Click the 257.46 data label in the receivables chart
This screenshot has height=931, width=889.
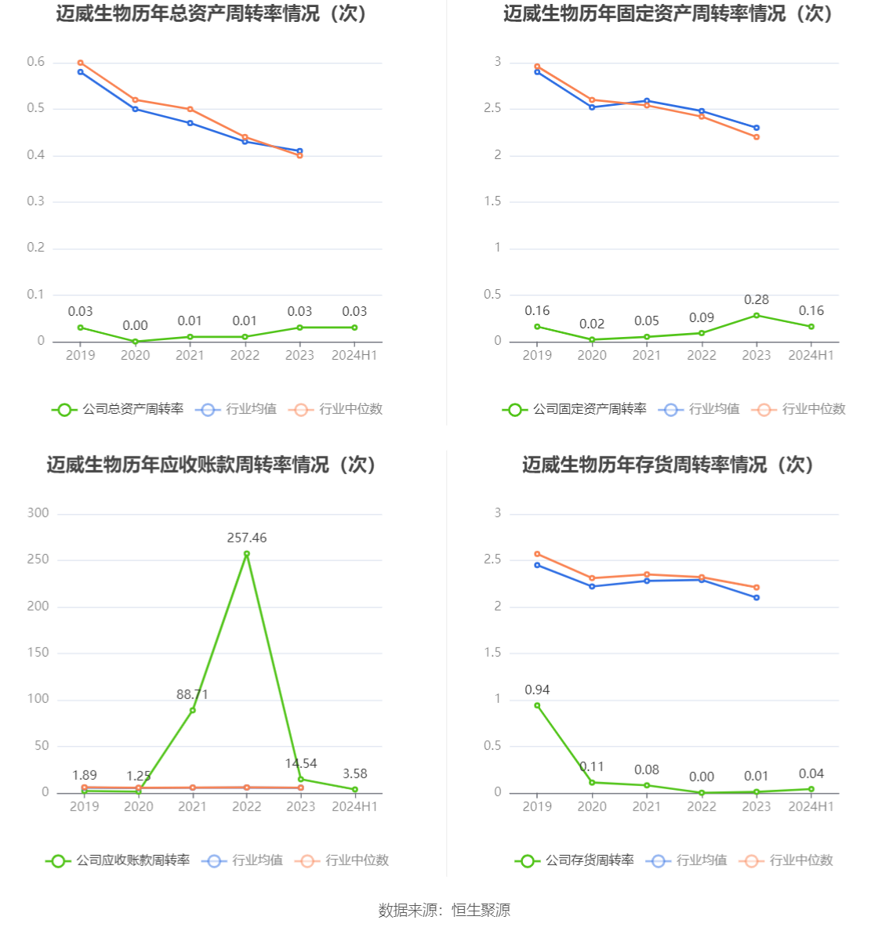(247, 538)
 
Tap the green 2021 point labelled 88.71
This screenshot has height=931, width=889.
(192, 710)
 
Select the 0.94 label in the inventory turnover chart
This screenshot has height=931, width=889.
(537, 690)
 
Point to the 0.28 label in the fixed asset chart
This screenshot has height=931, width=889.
(757, 299)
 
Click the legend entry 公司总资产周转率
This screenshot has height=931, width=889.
(118, 409)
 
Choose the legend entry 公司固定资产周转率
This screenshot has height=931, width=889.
(575, 409)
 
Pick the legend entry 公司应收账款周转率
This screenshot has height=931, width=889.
(118, 860)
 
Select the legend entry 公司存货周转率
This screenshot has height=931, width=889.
(575, 860)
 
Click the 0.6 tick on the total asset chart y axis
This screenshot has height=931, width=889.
(36, 62)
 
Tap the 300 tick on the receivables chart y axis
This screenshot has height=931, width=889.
(38, 513)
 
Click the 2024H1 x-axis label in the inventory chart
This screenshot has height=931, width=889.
(811, 806)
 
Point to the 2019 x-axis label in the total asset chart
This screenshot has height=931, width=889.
(80, 355)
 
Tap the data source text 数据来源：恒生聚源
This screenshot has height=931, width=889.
(444, 910)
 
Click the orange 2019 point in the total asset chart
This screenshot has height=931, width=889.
(81, 63)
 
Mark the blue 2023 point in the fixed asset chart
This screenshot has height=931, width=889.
(757, 128)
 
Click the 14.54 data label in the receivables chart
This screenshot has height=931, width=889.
(301, 763)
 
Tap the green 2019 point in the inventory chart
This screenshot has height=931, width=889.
(537, 705)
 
